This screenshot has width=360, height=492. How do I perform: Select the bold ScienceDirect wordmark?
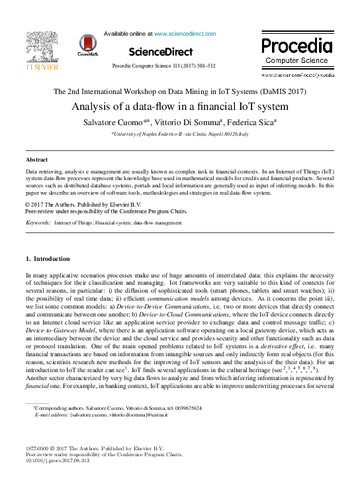(x=161, y=52)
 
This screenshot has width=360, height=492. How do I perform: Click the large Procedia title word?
(x=296, y=45)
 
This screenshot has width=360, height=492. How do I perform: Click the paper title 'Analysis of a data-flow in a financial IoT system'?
(x=180, y=106)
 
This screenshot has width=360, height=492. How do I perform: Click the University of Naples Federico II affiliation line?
(x=180, y=134)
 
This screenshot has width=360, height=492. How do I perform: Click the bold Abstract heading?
(x=36, y=160)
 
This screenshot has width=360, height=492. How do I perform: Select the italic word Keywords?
(x=38, y=223)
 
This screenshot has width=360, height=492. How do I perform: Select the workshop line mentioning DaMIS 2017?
(x=180, y=91)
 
